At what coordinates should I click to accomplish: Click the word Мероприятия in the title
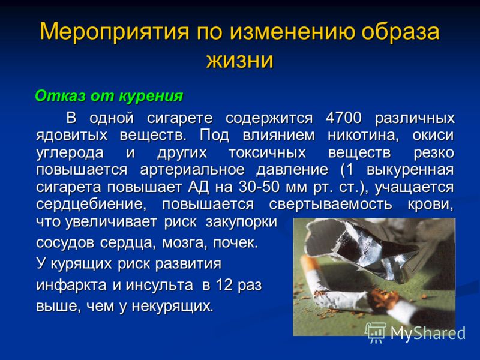(115, 32)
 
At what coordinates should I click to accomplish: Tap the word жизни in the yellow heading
(239, 59)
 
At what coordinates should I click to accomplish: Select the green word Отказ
(61, 96)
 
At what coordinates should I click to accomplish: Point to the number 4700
(343, 118)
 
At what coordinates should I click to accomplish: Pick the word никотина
(363, 135)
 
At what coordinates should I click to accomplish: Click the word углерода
(70, 153)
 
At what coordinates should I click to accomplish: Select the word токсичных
(267, 152)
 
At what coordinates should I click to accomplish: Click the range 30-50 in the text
(259, 187)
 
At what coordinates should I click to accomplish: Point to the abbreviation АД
(198, 187)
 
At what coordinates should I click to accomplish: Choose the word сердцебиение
(91, 205)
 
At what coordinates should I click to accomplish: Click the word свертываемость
(331, 204)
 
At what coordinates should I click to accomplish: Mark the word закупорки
(241, 222)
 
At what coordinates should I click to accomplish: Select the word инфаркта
(71, 286)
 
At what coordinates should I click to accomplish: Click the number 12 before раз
(224, 284)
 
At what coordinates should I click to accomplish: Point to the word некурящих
(172, 306)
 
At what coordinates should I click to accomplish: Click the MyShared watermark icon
(376, 332)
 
